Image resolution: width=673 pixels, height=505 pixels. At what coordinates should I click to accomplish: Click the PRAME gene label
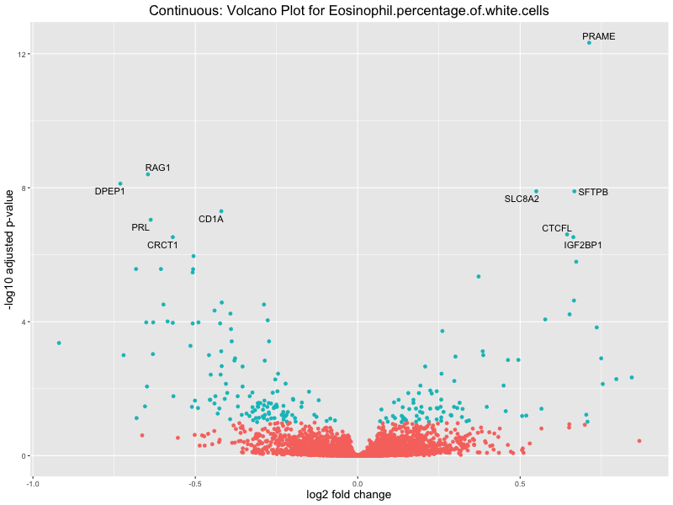click(598, 37)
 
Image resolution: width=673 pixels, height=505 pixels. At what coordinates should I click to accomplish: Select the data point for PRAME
click(589, 42)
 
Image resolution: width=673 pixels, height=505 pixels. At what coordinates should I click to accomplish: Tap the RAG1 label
click(158, 167)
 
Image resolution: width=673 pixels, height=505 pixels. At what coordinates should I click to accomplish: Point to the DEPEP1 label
click(109, 191)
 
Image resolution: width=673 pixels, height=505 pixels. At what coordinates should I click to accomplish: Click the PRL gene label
click(140, 227)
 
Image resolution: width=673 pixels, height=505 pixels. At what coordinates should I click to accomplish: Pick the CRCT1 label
click(162, 245)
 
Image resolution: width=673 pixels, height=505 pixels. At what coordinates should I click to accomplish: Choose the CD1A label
click(211, 219)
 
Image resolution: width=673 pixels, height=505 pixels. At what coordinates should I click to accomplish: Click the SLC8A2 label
click(522, 199)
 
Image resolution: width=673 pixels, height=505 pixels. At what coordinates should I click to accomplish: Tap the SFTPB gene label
click(593, 192)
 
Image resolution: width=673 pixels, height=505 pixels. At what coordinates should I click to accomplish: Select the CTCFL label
click(556, 228)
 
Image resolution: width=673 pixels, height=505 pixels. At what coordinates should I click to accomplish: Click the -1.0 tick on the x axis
click(33, 484)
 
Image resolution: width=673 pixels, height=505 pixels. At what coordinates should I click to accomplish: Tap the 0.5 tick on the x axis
click(521, 484)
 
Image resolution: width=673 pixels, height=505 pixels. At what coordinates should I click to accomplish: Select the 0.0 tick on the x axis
click(358, 484)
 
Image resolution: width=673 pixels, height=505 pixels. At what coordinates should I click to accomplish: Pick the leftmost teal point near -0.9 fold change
click(59, 343)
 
